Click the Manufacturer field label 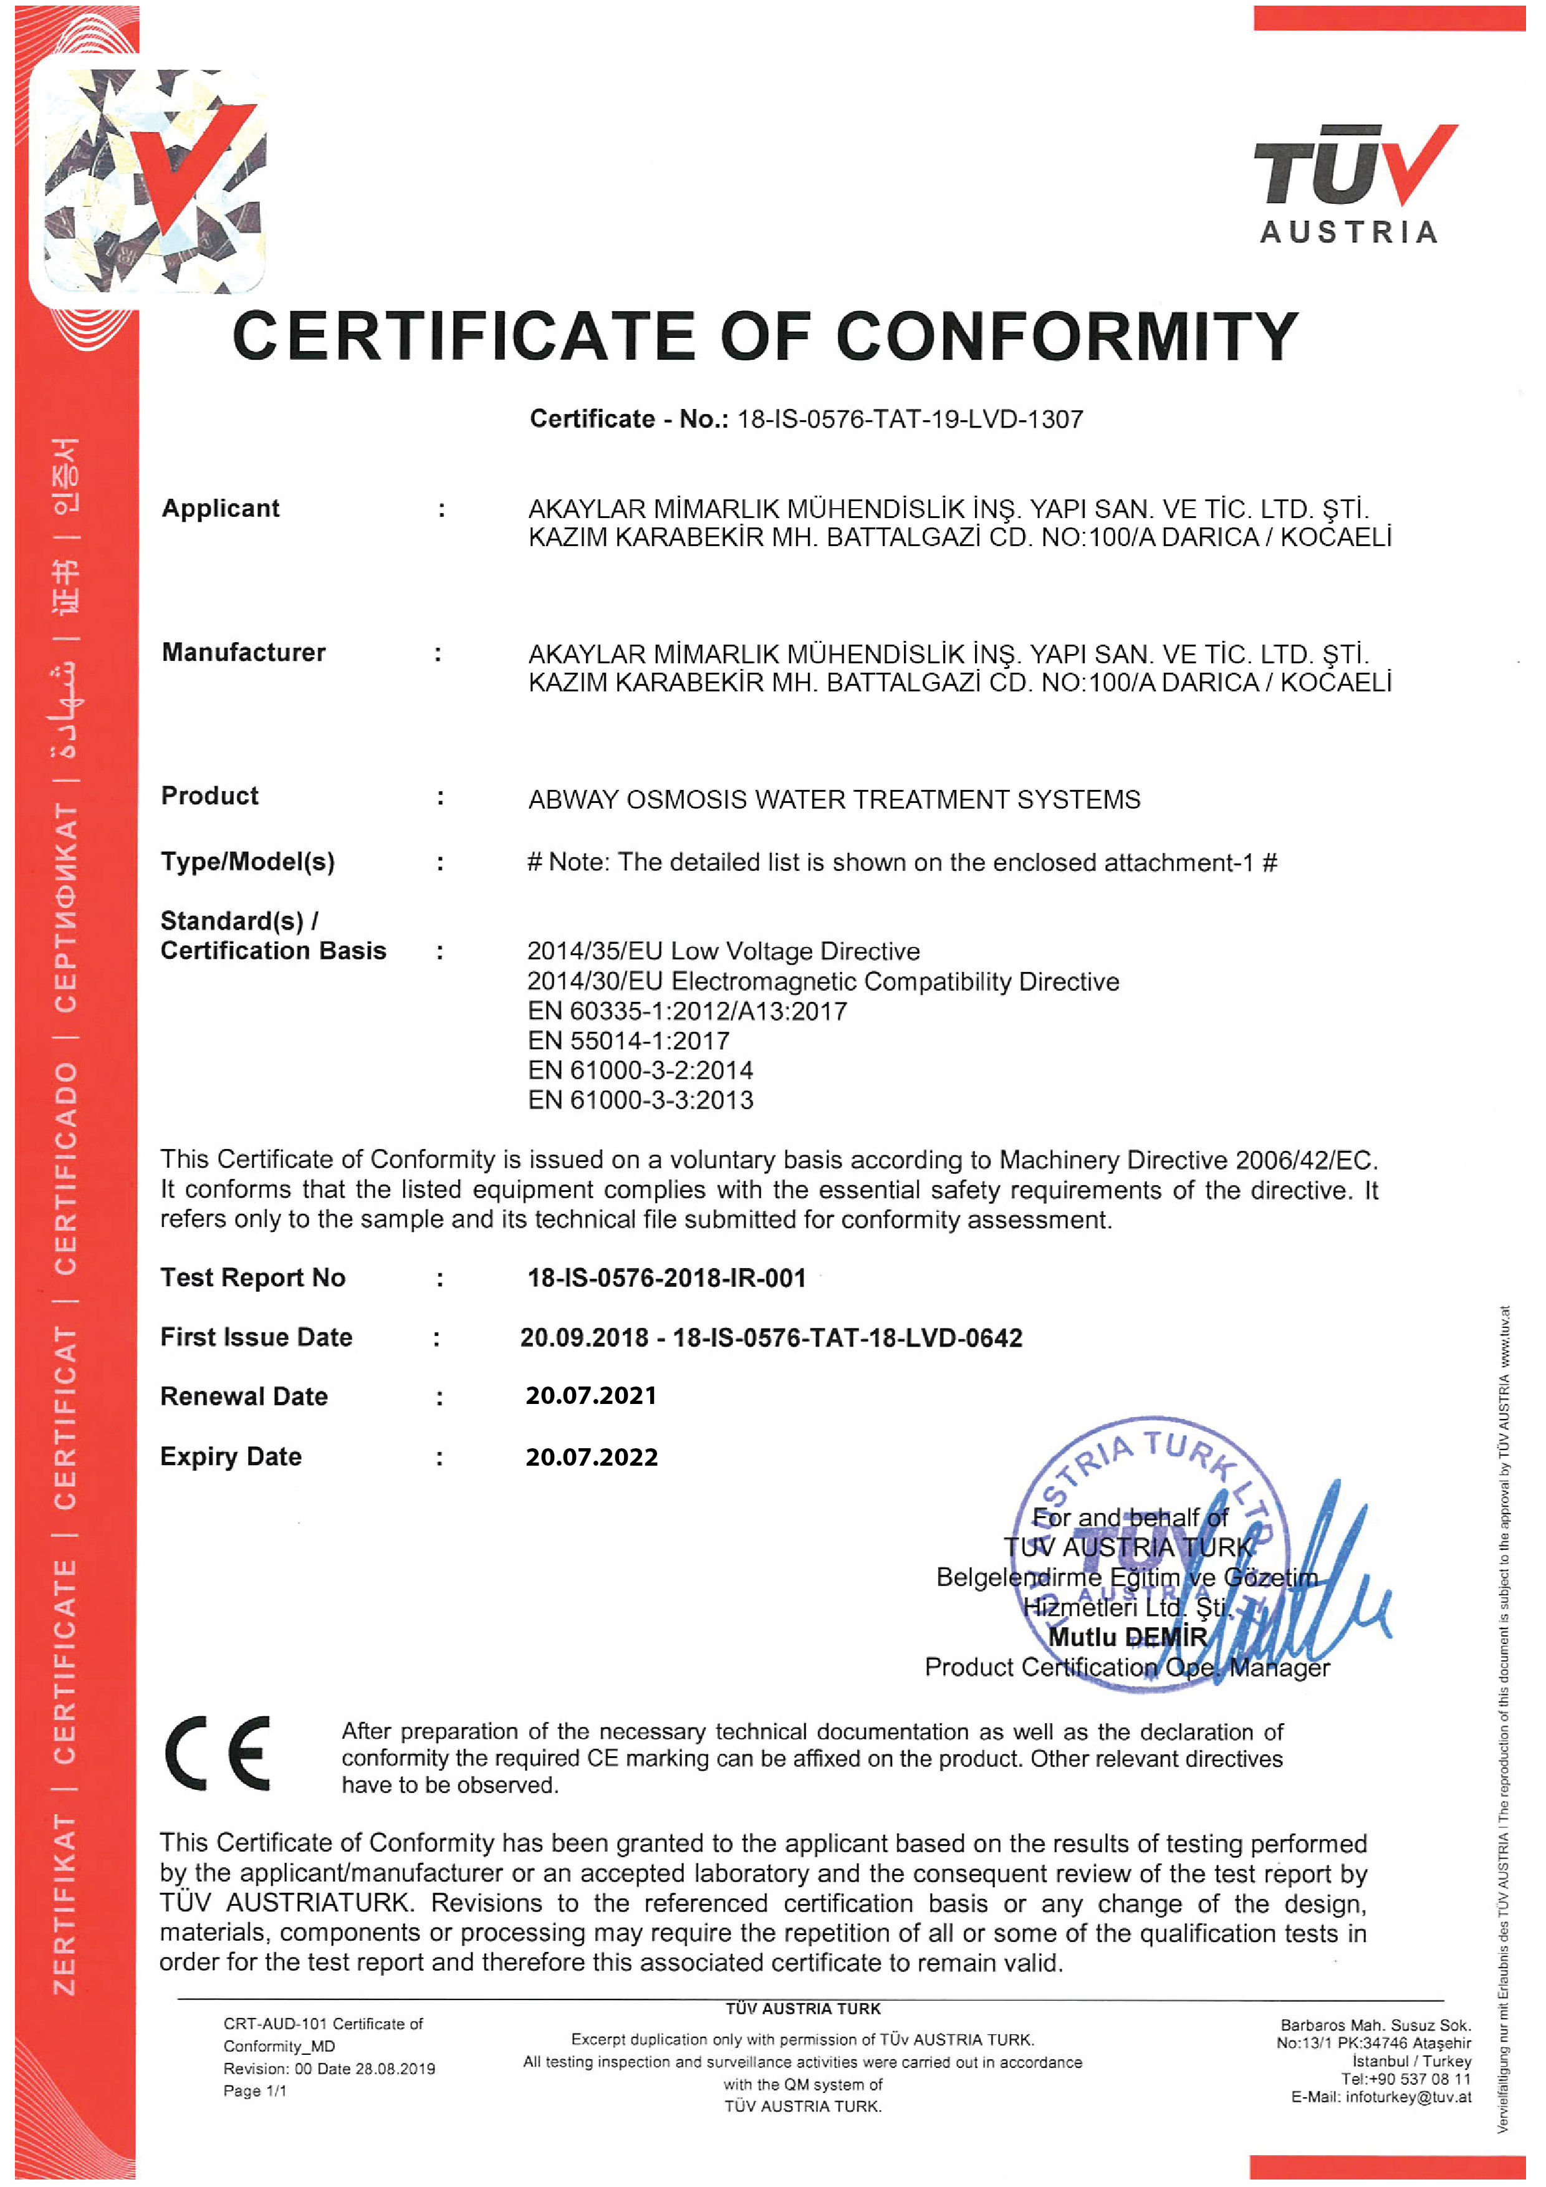coord(243,653)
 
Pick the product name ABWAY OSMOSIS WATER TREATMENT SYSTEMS coord(833,799)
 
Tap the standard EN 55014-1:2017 coord(629,1041)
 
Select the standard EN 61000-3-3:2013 coord(640,1100)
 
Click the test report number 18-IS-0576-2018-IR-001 coord(667,1278)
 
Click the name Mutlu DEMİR coord(1128,1637)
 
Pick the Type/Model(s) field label coord(247,862)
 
